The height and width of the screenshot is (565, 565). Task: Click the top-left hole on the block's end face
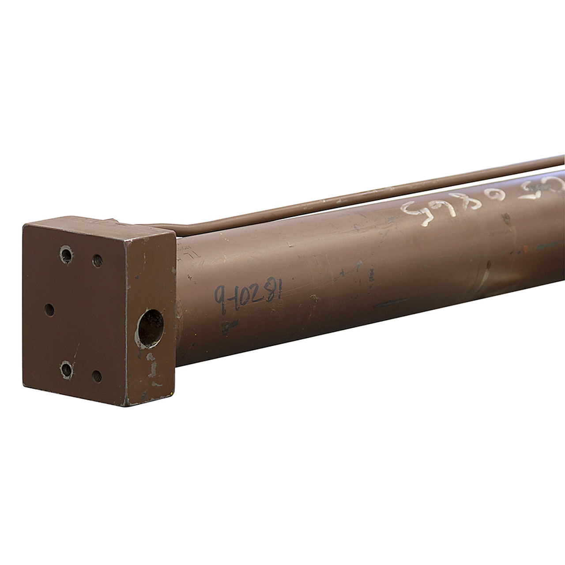tap(66, 254)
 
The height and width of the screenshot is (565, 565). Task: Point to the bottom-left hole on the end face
tap(66, 369)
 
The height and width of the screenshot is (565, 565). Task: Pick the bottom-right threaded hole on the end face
tap(97, 376)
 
